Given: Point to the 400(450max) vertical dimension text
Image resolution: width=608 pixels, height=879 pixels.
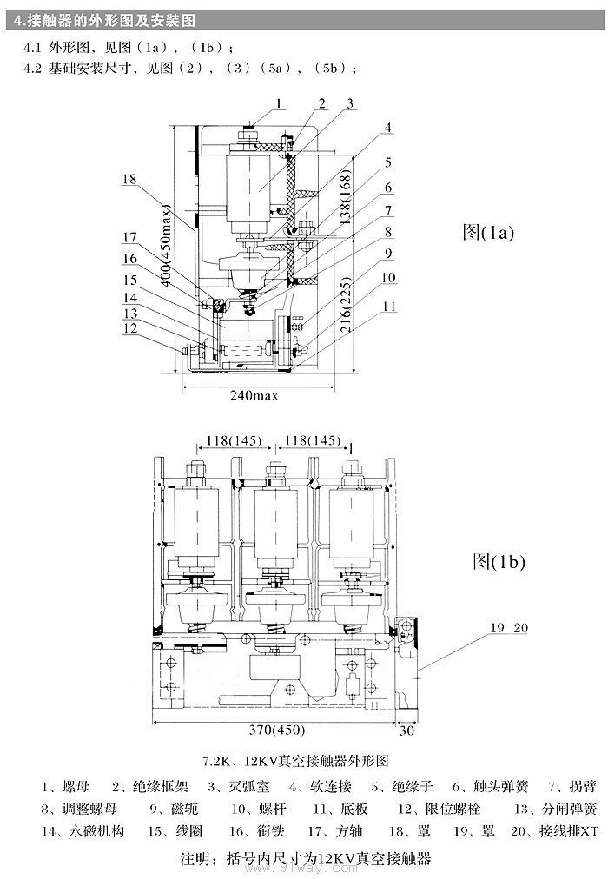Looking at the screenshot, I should [x=166, y=253].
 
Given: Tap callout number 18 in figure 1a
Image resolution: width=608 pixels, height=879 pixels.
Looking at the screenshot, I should [x=129, y=179].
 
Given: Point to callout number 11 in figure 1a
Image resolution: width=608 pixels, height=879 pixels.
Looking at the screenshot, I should [x=389, y=306].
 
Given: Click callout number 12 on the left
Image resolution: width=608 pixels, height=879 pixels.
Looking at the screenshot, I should [x=129, y=328].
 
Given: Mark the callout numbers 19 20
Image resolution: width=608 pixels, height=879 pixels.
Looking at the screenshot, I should [x=508, y=627].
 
